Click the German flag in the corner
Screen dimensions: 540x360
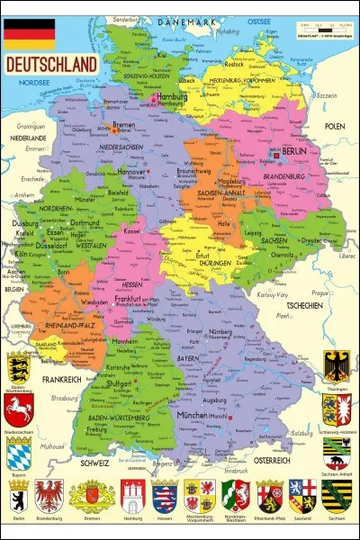tap(29, 33)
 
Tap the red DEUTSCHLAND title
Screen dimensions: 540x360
tap(51, 65)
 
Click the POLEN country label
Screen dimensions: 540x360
tap(335, 127)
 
